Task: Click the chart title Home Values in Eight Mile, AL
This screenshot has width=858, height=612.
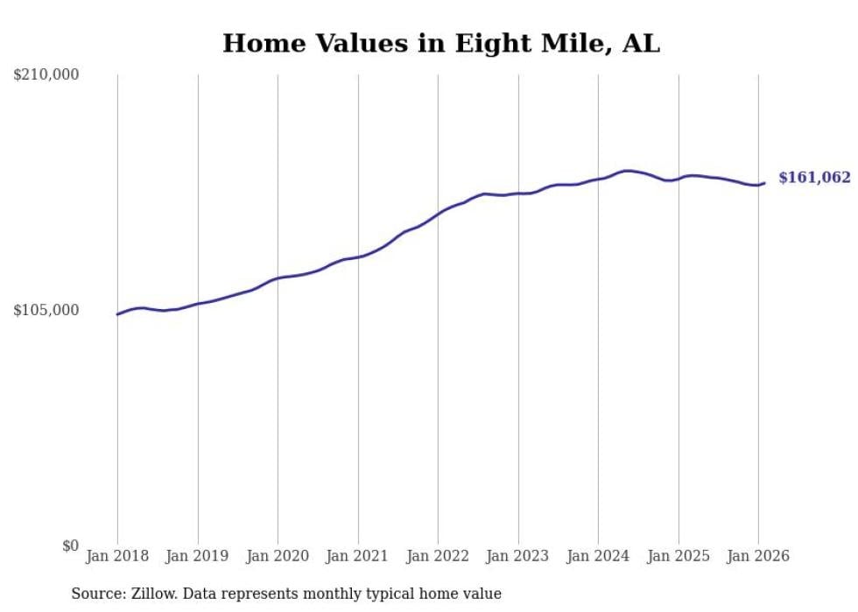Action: click(440, 43)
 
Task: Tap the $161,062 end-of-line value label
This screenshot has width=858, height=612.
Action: click(814, 178)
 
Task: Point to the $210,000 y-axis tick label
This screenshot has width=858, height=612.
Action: click(46, 75)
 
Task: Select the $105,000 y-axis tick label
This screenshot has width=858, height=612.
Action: click(46, 310)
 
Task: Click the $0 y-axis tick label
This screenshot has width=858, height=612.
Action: click(70, 545)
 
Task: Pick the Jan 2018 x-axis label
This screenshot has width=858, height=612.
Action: click(117, 556)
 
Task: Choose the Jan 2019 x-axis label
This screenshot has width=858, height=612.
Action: click(198, 556)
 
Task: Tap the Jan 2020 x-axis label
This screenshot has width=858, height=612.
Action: click(278, 556)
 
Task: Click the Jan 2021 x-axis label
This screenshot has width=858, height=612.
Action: click(358, 556)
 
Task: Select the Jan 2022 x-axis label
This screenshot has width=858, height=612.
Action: click(438, 556)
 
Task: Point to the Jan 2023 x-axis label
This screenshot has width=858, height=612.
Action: click(518, 556)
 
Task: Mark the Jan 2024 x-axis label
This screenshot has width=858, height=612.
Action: click(598, 556)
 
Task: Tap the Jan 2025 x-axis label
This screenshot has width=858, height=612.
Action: click(679, 556)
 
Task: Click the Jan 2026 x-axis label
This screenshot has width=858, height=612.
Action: click(758, 556)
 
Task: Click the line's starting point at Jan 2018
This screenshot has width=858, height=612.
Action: click(117, 313)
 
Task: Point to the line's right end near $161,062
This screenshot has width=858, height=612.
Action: click(764, 183)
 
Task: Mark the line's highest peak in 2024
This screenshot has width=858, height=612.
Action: click(626, 171)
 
